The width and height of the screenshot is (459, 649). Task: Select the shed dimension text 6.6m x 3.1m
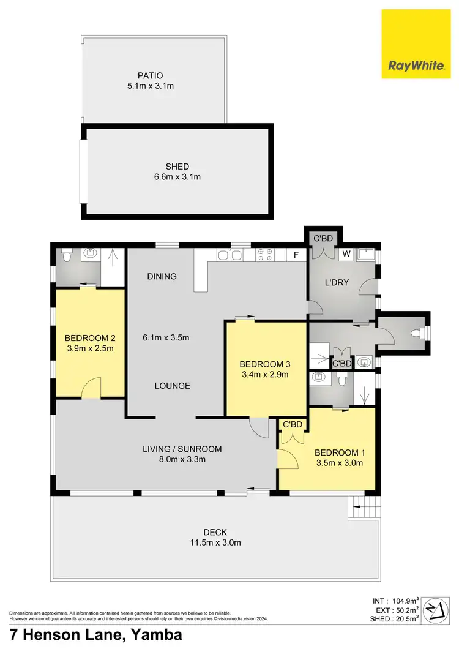click(177, 177)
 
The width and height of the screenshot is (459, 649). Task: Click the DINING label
click(162, 276)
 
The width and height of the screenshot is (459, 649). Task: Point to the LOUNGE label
click(172, 386)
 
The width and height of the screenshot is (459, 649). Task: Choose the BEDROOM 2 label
click(90, 337)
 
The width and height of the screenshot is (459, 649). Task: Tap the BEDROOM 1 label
click(339, 452)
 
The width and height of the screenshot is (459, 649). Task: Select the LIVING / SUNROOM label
click(182, 449)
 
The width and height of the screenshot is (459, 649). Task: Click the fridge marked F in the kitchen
click(296, 253)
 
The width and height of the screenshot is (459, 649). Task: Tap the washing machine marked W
click(346, 253)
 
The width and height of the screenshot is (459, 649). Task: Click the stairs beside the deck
click(362, 506)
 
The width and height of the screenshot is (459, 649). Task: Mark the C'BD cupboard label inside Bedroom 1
click(291, 424)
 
